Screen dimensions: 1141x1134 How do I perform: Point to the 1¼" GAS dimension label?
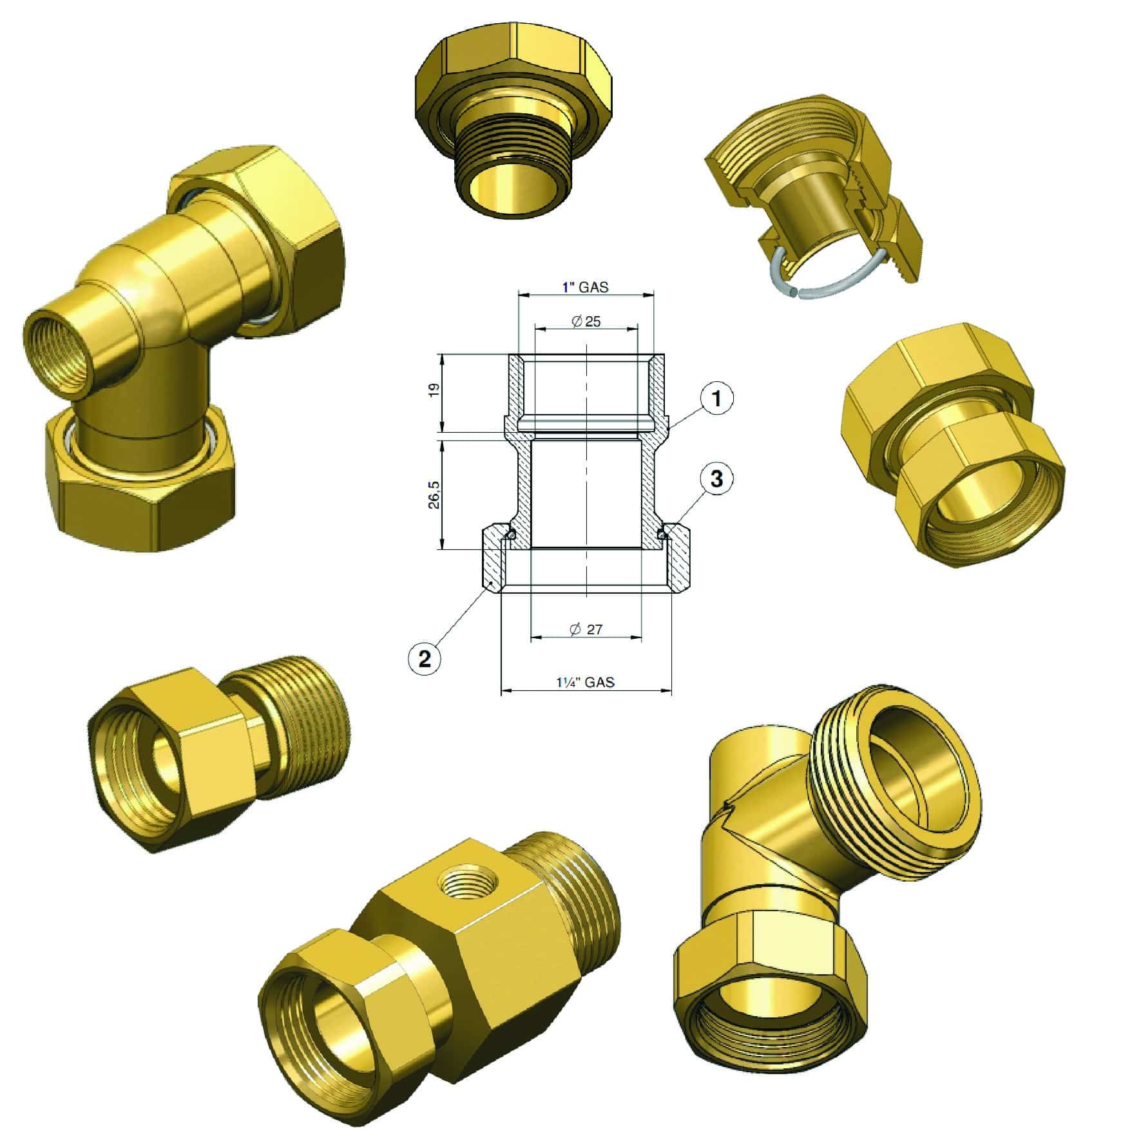pyautogui.click(x=585, y=681)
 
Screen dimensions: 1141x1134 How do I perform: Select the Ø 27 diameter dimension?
pyautogui.click(x=586, y=629)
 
